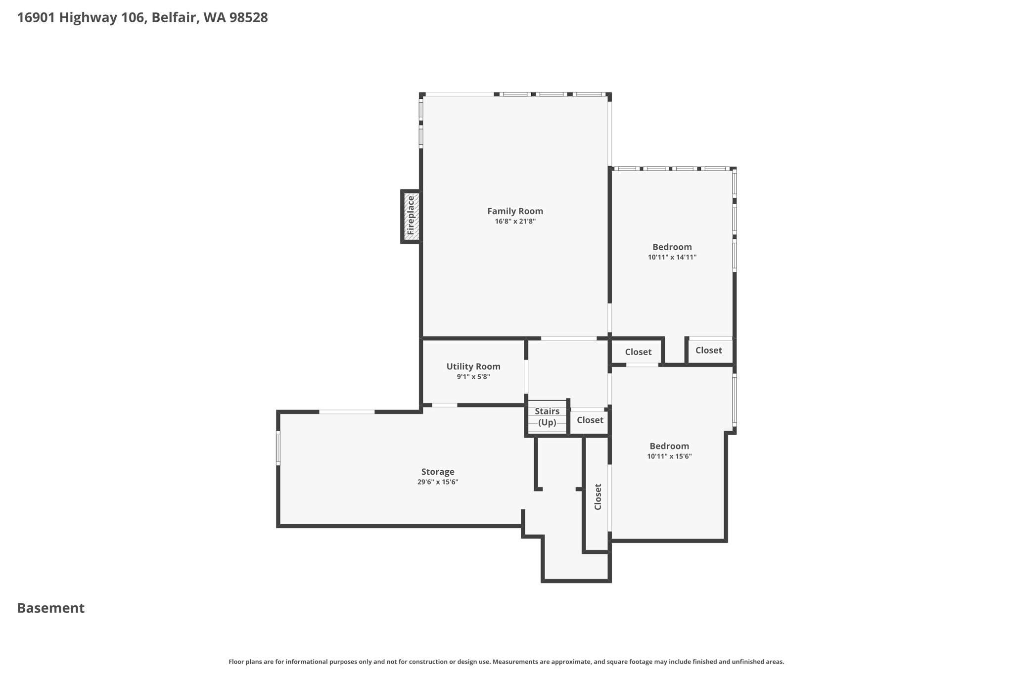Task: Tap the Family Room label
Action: click(515, 211)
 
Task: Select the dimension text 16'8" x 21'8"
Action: click(515, 222)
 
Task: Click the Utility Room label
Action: click(473, 366)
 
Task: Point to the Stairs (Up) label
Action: click(547, 416)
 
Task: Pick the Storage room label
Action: click(438, 472)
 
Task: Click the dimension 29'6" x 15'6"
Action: click(438, 482)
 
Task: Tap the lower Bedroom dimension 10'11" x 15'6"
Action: click(669, 456)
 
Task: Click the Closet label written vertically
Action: click(598, 496)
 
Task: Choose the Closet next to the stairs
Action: click(590, 420)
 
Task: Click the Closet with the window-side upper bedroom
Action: click(708, 350)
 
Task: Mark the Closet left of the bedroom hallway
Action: click(638, 352)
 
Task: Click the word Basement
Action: click(51, 608)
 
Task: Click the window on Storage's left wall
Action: click(278, 448)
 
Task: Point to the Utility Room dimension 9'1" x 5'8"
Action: click(473, 377)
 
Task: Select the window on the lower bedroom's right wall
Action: click(735, 400)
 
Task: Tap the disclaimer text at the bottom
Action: click(506, 662)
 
